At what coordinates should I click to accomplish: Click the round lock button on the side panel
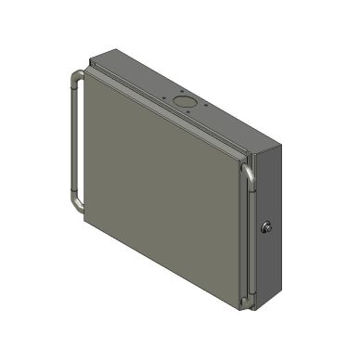268,227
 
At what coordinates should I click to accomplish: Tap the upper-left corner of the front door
85,74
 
